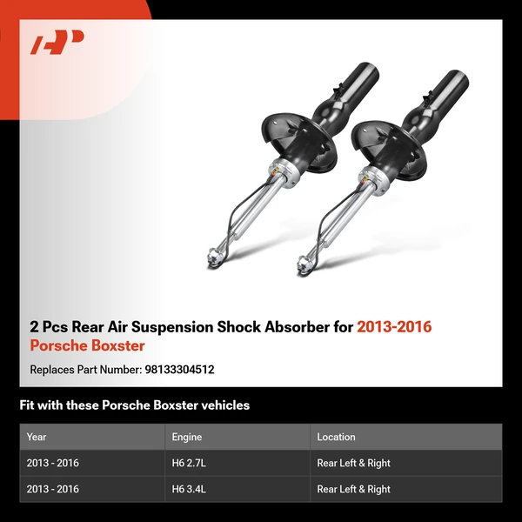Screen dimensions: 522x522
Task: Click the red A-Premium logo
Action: [x=57, y=42]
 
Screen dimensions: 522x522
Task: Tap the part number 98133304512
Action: [x=178, y=369]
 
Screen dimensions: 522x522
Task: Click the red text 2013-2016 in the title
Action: [x=394, y=327]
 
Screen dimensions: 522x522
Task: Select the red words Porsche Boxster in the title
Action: [x=87, y=345]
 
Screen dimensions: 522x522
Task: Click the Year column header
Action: [x=37, y=437]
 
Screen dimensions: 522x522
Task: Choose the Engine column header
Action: [x=189, y=437]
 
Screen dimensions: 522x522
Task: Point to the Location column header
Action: [x=337, y=437]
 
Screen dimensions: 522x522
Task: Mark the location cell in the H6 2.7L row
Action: [x=354, y=463]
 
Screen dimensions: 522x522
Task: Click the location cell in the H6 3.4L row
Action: [x=354, y=489]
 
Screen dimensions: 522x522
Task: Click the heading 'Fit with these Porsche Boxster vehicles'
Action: [x=135, y=405]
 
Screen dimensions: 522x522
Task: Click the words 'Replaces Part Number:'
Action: [x=84, y=369]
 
